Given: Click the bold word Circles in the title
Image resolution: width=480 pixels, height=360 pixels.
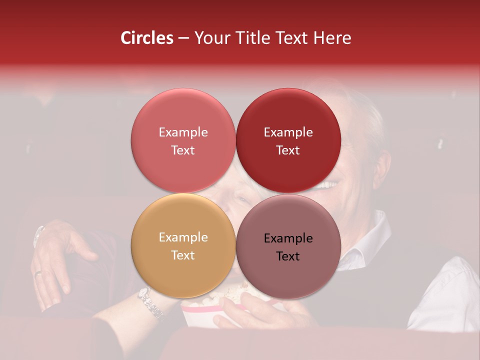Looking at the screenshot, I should point(146,38).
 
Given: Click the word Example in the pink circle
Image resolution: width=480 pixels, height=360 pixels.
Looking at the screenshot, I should point(183,132).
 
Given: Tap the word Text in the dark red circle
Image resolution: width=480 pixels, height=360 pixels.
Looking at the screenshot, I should point(288,150).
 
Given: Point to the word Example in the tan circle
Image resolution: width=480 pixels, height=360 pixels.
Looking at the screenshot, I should point(183,237).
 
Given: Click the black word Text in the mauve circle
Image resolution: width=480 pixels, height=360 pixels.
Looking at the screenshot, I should point(288,256).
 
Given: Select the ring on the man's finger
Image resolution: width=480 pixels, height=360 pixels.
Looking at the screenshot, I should point(38,273).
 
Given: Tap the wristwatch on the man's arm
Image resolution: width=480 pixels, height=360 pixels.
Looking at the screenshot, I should point(38,235).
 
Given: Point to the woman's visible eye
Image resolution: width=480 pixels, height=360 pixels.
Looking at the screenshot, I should point(243,199).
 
